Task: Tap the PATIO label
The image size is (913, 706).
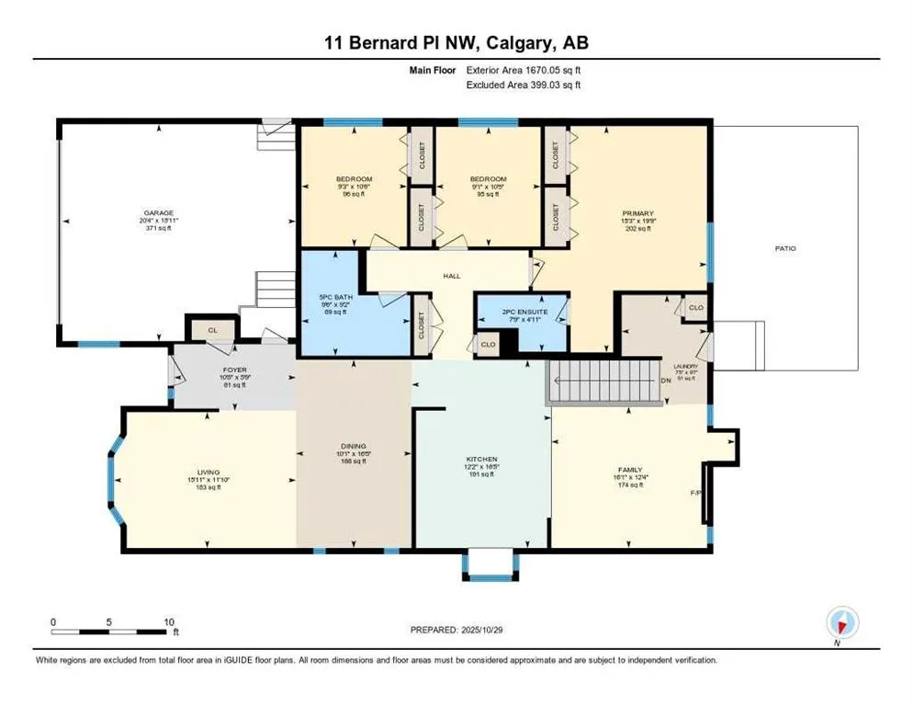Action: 784,248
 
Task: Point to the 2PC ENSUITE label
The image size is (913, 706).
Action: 524,312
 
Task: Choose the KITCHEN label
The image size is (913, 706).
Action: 481,459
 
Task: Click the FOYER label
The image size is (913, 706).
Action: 210,370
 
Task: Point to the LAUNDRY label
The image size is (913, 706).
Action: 685,366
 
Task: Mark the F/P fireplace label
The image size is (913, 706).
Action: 695,494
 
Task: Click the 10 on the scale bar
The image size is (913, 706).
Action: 168,622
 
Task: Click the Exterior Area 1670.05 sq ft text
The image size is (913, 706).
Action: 524,70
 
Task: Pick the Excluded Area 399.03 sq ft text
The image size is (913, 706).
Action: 524,85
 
